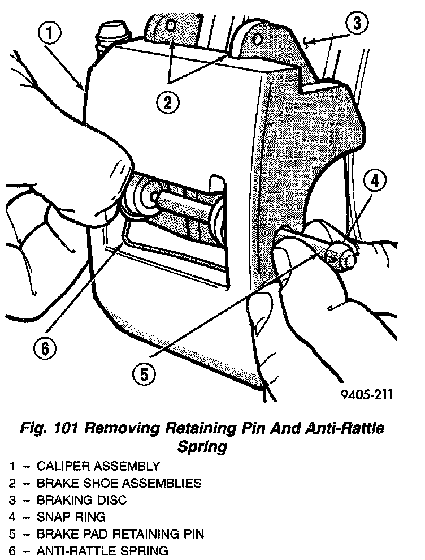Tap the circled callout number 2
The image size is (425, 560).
coord(168,102)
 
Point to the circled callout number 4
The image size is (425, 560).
coord(375,181)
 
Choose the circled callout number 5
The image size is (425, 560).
coord(144,374)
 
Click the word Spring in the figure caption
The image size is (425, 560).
coord(202,447)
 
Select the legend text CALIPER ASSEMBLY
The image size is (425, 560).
coord(98,467)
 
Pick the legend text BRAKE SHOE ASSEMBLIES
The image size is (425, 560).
coord(119,484)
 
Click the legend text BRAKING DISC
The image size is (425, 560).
coord(81,500)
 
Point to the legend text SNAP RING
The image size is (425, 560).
coord(71,517)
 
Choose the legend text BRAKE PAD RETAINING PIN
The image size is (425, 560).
coord(120,533)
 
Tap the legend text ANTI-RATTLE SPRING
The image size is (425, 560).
coord(102,550)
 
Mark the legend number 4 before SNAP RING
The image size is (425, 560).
coord(12,517)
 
